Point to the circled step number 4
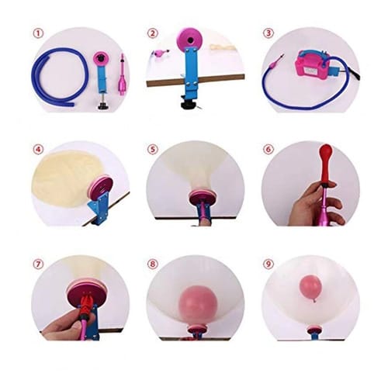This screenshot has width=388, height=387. [x=38, y=148]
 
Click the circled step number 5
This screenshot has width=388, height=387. [x=153, y=148]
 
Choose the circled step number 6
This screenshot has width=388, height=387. [x=268, y=148]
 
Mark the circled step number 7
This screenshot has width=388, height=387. [x=38, y=263]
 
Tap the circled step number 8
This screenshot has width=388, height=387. [x=153, y=263]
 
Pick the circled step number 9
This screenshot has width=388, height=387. [x=268, y=263]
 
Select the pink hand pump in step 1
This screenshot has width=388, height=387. [x=123, y=78]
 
